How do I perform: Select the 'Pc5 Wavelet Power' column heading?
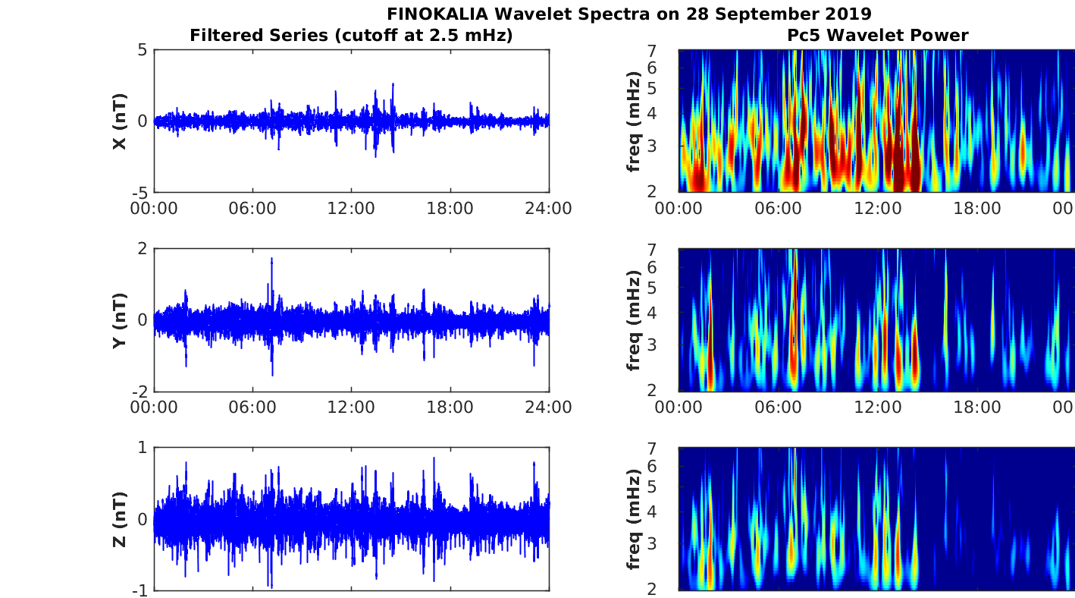point(877,35)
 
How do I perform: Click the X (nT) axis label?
point(119,121)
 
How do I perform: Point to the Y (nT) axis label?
point(119,320)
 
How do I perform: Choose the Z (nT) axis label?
point(119,519)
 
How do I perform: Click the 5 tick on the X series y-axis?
point(143,51)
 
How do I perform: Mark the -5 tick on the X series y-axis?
point(139,192)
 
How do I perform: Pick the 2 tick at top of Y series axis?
point(143,249)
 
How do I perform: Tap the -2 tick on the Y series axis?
point(139,391)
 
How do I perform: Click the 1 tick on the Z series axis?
point(143,448)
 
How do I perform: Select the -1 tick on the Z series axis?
point(139,590)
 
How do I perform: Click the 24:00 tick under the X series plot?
point(549,208)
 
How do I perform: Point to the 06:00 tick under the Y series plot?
point(252,408)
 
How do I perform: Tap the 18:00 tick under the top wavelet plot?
point(977,208)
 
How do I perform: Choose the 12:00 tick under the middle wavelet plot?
point(877,408)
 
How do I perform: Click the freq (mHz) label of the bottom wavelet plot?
point(634,519)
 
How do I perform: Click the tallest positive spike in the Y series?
point(271,260)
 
